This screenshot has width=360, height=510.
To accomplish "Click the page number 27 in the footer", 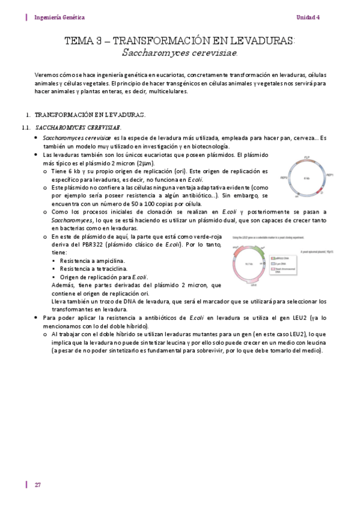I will click(37, 485).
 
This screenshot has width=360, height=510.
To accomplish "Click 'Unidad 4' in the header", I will click(308, 17).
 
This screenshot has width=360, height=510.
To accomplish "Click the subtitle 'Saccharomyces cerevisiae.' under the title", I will click(180, 53).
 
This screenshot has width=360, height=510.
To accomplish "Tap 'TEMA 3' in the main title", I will click(84, 41).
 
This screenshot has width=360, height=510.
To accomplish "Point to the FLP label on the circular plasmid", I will click(307, 157).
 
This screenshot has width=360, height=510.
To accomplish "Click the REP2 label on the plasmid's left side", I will click(284, 177).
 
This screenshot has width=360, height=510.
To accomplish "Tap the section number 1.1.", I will click(25, 127).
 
